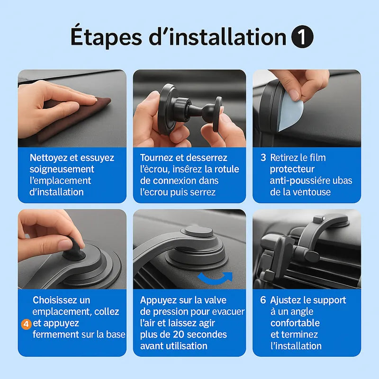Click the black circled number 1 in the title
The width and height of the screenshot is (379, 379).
[302, 37]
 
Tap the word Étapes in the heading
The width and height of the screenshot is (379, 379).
[106, 37]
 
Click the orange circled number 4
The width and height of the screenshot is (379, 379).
[26, 324]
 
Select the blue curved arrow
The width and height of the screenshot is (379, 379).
[215, 278]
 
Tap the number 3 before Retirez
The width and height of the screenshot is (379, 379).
[263, 158]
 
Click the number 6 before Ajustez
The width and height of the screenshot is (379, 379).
[263, 300]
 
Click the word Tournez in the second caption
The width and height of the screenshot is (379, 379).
[156, 158]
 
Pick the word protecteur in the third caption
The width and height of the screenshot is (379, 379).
[292, 169]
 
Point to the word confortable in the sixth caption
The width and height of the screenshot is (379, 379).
[295, 323]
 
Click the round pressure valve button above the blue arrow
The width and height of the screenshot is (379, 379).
[199, 232]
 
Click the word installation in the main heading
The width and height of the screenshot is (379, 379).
[217, 36]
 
